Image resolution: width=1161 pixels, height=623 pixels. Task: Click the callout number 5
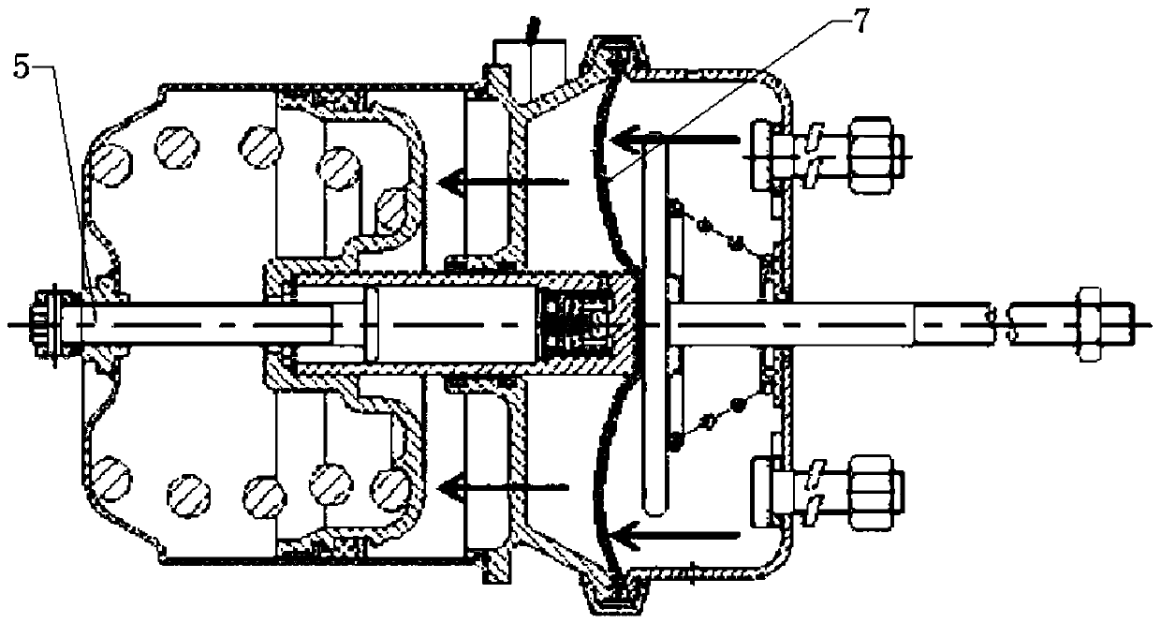[x=21, y=67]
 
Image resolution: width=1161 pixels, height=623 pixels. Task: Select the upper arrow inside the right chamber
[x=674, y=141]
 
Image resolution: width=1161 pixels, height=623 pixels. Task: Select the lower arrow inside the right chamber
[x=674, y=535]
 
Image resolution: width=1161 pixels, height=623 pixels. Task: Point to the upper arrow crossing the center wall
[x=503, y=182]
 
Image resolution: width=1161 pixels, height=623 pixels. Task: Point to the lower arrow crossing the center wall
[x=503, y=487]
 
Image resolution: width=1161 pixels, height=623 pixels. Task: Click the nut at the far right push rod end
[x=1088, y=324]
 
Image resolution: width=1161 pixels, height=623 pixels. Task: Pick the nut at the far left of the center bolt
[x=48, y=324]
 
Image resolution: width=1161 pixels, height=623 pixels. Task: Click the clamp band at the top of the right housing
[x=617, y=52]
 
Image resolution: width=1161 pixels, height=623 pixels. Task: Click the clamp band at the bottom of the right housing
[x=617, y=596]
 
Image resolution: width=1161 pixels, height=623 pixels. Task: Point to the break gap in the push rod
[x=1001, y=324]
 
